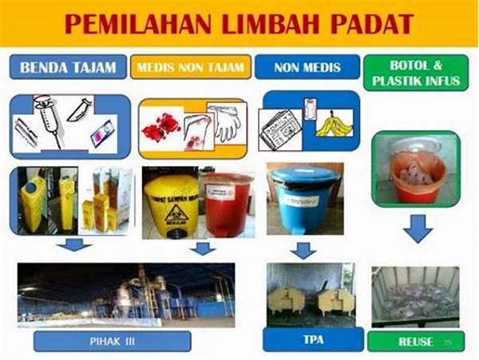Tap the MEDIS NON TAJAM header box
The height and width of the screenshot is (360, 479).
(x=191, y=65)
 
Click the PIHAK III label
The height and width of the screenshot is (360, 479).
(x=113, y=342)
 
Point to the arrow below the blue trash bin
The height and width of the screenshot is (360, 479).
(x=303, y=251)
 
